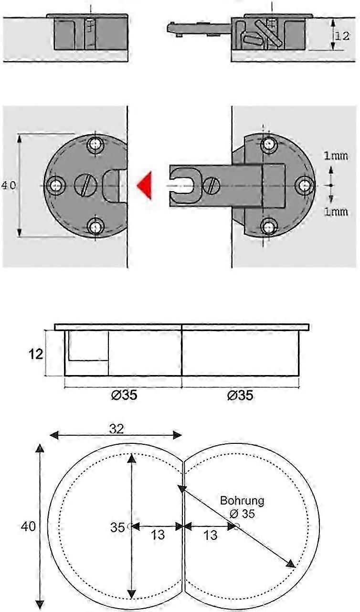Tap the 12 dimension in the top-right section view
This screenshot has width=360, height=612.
[341, 35]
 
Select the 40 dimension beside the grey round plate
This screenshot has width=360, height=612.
[9, 185]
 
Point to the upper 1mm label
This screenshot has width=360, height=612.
[336, 156]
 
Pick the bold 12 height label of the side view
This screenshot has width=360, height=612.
[35, 354]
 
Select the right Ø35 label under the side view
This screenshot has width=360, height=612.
[240, 396]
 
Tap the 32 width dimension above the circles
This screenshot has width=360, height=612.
[116, 429]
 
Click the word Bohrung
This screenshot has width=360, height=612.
[242, 501]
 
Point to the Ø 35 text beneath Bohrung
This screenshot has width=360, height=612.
[242, 514]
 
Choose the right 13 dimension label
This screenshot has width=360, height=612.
[210, 535]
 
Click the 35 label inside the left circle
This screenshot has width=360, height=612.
[117, 527]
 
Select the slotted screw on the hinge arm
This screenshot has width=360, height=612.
[212, 184]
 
